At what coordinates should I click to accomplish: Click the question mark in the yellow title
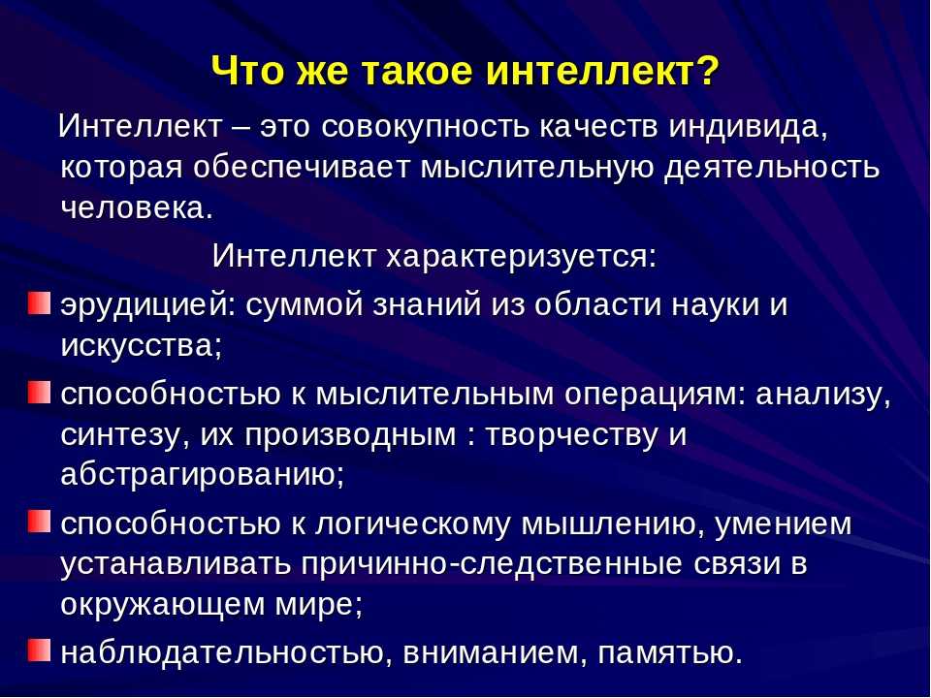(x=707, y=71)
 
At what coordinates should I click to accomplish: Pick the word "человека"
(x=136, y=208)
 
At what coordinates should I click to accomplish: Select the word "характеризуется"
(x=521, y=256)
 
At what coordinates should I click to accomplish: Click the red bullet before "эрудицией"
(x=39, y=302)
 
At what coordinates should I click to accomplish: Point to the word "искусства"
(x=141, y=345)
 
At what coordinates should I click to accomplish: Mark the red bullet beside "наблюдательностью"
(x=39, y=650)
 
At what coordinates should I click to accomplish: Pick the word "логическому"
(x=412, y=524)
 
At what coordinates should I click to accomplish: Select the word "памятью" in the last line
(x=670, y=652)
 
